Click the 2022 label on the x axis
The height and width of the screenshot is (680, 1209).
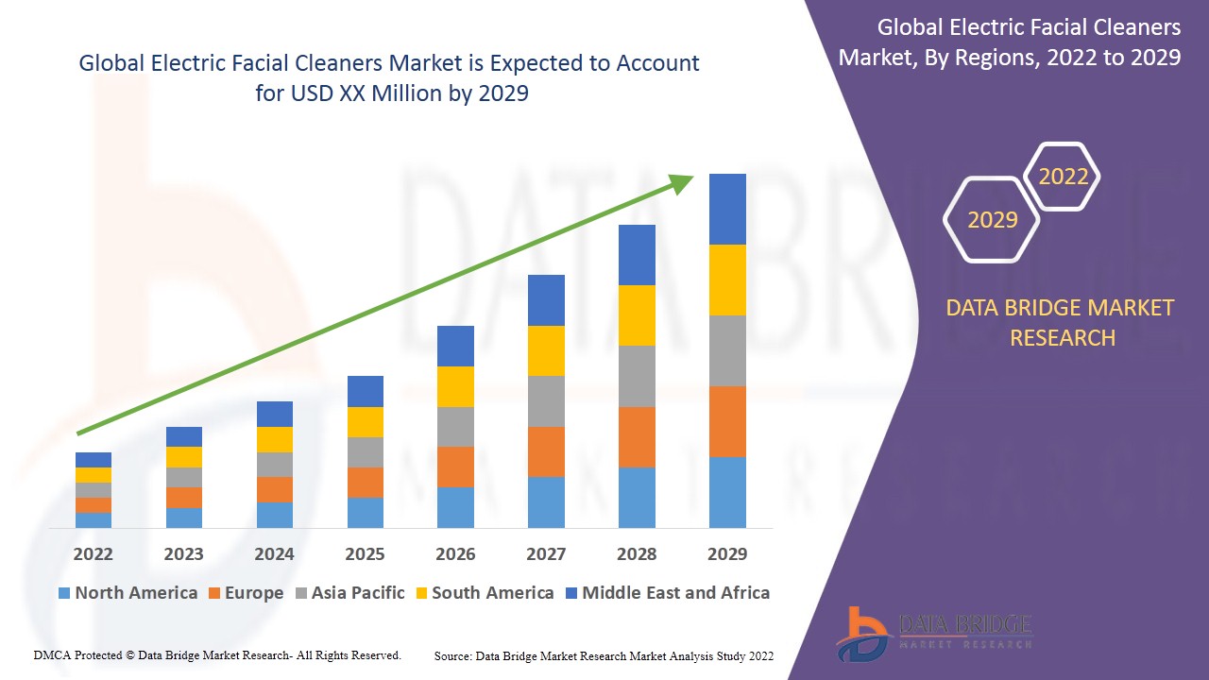(x=93, y=553)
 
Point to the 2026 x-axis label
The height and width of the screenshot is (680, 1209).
(x=455, y=553)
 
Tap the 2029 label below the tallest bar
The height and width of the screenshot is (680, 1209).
(x=727, y=553)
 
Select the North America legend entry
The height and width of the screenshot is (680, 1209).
(x=128, y=593)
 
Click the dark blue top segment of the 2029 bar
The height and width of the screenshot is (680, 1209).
(x=727, y=209)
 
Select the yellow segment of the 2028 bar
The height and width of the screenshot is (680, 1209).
(x=637, y=314)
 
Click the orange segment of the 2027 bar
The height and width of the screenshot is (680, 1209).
(x=546, y=451)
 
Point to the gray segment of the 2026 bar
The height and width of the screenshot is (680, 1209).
(x=455, y=426)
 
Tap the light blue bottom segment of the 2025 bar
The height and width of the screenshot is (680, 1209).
(x=365, y=512)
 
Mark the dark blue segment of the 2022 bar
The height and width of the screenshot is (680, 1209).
(x=93, y=460)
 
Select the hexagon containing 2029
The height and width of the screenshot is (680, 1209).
(x=992, y=220)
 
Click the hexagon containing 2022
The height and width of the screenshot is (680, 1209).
(x=1063, y=177)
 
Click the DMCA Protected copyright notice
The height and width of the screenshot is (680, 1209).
(x=217, y=655)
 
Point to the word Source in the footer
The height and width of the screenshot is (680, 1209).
(x=453, y=655)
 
